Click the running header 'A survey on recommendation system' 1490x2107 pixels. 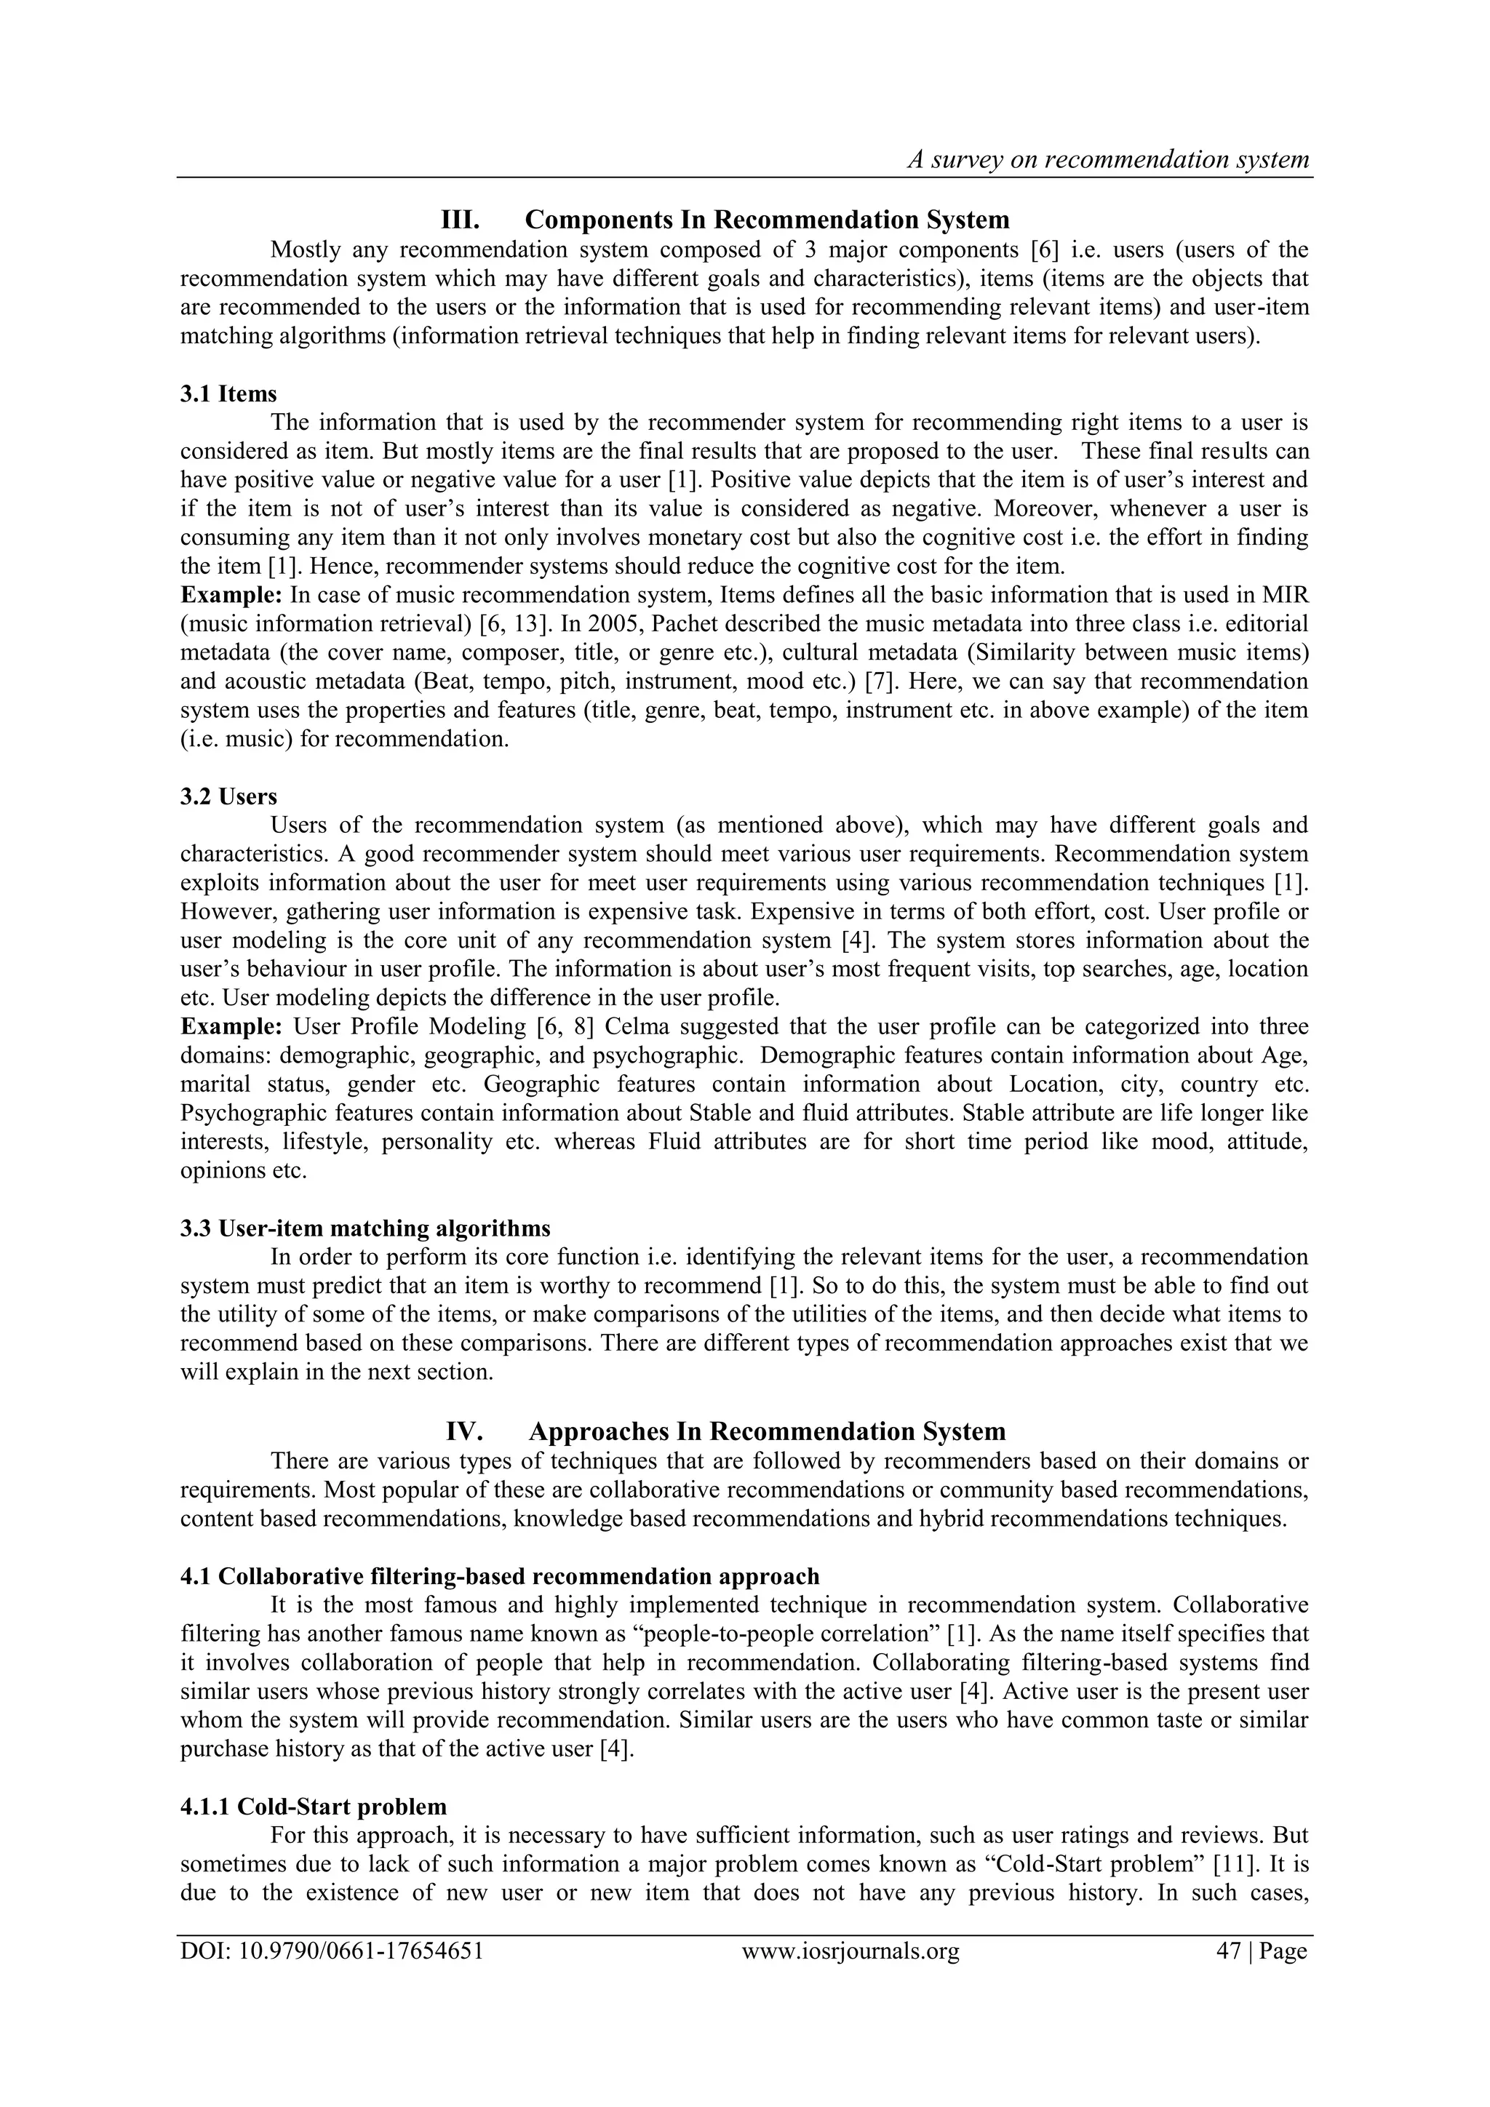point(1108,160)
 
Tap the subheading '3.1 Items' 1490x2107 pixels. point(228,393)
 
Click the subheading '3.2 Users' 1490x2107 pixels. point(228,796)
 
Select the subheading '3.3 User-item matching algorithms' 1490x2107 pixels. point(365,1228)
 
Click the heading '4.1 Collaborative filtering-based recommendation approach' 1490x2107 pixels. point(499,1577)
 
